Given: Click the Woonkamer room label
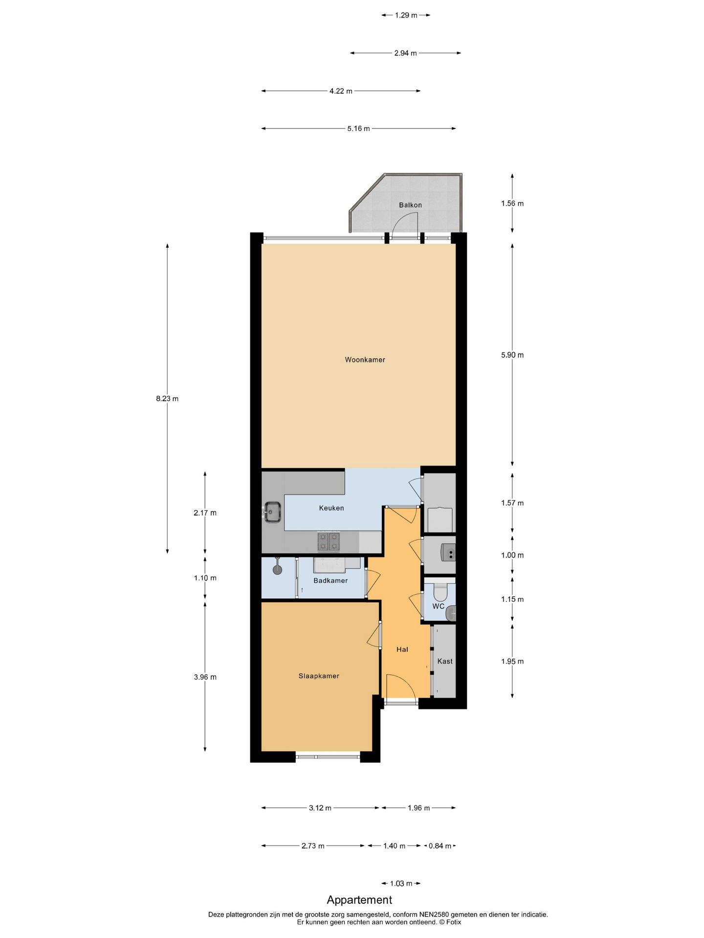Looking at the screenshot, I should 365,360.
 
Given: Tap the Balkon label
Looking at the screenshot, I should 410,205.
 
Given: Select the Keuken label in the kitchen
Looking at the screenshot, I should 331,508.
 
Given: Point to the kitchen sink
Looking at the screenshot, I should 272,512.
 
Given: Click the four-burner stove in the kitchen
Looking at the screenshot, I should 329,541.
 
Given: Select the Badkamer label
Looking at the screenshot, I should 330,580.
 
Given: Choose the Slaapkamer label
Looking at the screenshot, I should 319,676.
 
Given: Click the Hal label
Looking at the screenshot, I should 402,649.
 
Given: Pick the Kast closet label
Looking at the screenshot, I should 445,661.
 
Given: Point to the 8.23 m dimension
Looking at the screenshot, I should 167,398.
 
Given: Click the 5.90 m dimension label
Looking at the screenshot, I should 512,355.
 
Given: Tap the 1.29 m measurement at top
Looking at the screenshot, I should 406,15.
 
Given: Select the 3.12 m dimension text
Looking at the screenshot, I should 320,808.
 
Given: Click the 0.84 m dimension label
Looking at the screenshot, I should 440,846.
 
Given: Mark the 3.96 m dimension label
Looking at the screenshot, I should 205,677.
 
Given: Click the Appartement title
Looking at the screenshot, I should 359,899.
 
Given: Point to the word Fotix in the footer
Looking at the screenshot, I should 453,922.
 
